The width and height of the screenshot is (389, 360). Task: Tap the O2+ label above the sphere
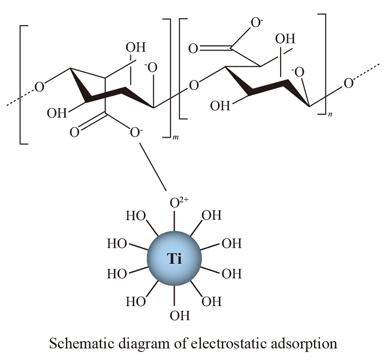(176, 203)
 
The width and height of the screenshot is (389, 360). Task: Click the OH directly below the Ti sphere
(179, 316)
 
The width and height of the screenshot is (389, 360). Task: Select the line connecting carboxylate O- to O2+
(152, 165)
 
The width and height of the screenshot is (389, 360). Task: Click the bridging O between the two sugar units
(194, 86)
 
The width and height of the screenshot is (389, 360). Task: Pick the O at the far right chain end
(348, 83)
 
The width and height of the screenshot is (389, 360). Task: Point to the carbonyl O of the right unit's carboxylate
(194, 49)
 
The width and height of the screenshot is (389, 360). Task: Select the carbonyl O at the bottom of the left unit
(74, 132)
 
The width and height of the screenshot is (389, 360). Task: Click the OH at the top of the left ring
(135, 47)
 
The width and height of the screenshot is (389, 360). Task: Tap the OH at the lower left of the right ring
(220, 106)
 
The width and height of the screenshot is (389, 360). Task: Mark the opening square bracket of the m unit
(22, 83)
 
